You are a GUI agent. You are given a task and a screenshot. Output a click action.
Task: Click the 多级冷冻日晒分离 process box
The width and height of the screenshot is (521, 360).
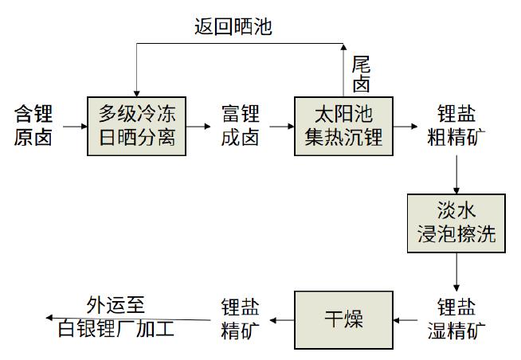point(136,126)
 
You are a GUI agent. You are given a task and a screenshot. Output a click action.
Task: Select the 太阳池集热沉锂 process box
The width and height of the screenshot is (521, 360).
point(343,126)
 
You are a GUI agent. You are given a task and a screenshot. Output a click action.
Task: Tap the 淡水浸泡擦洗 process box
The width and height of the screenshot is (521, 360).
point(456,224)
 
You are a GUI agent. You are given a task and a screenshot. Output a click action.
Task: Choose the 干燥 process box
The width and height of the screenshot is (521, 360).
point(343,320)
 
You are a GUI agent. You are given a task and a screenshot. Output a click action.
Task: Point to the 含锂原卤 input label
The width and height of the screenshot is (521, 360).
point(33,125)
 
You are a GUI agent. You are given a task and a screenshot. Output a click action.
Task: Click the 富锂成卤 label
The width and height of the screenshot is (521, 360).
point(241,125)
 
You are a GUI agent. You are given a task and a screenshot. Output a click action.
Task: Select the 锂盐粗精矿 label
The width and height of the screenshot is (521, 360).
point(456,125)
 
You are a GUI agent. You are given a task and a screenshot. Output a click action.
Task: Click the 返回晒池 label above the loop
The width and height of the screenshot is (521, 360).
point(233,26)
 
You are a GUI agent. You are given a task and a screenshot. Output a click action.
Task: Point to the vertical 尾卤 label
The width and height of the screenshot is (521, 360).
point(361,74)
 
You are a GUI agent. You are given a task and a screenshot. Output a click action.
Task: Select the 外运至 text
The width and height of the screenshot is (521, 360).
point(116,304)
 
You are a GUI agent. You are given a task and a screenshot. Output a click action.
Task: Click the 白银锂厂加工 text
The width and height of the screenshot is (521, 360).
point(116,328)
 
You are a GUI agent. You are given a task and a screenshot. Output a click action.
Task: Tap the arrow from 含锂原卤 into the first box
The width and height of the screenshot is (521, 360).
point(75,126)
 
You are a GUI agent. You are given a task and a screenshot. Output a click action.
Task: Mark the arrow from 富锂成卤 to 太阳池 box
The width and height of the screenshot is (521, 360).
point(282,126)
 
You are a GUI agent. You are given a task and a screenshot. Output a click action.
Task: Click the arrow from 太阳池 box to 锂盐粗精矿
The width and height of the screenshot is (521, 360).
point(405,126)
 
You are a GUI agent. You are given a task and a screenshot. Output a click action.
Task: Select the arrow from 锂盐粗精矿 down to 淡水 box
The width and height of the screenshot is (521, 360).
point(456,174)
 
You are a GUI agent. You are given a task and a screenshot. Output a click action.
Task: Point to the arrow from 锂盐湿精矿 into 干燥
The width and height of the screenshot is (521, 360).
point(405,320)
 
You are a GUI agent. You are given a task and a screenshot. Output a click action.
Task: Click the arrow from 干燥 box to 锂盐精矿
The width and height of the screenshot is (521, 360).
point(282,320)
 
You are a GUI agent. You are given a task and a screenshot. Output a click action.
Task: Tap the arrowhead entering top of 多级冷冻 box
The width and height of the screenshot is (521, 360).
point(136,93)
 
